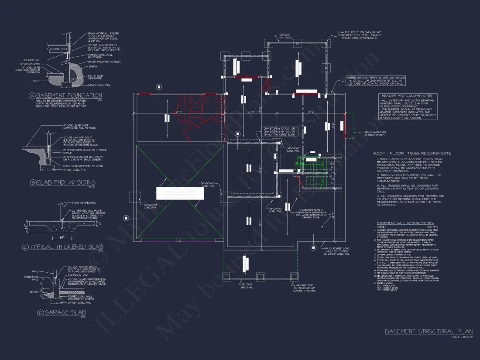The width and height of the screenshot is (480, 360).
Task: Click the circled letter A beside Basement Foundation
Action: tap(32, 96)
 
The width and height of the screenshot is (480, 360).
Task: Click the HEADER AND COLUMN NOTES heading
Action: tap(407, 96)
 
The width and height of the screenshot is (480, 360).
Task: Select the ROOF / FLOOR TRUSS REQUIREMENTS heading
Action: tap(412, 154)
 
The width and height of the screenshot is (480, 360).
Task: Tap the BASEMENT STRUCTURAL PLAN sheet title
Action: tap(429, 332)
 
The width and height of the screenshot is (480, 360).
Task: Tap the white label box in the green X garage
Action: tap(180, 194)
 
